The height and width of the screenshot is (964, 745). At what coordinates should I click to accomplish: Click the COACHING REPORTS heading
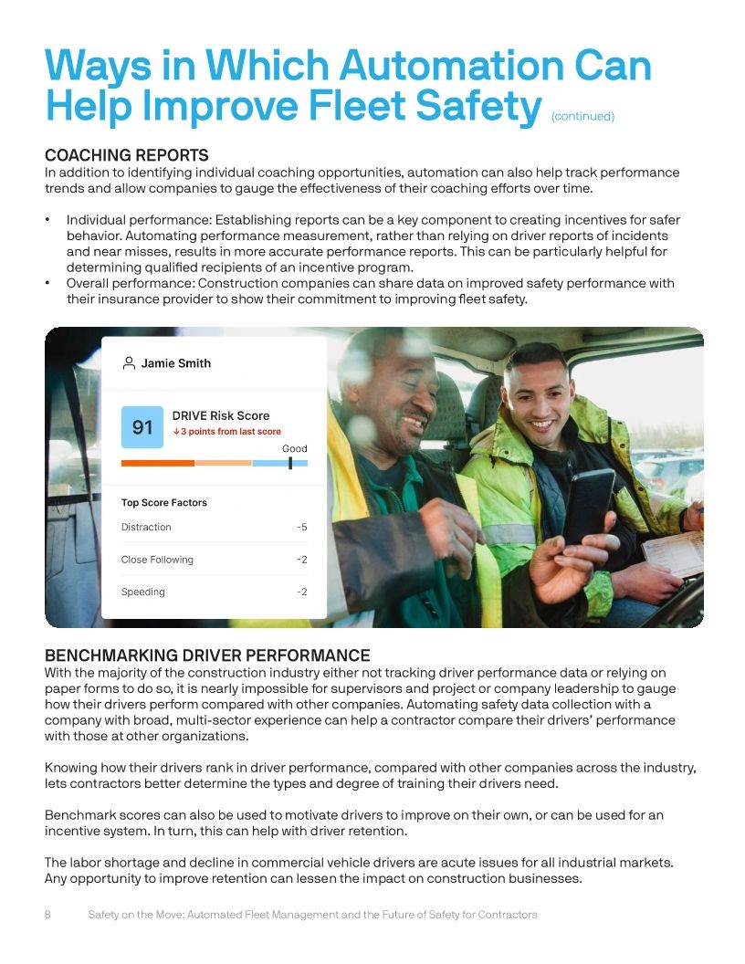tap(127, 155)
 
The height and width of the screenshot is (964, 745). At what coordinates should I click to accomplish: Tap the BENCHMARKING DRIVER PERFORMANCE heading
tap(207, 655)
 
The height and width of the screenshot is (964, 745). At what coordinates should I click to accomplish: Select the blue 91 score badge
tap(142, 427)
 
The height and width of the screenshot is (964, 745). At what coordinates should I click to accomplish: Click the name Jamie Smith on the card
tap(175, 363)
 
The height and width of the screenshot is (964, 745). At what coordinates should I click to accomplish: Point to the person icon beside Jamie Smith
tap(129, 363)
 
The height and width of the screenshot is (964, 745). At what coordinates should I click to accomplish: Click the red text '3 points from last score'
tap(230, 432)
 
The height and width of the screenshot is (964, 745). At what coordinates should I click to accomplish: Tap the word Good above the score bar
tap(294, 448)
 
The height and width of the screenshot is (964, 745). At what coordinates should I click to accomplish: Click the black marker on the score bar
tap(290, 463)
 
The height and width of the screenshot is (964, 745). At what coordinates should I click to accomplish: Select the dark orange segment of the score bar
tap(157, 463)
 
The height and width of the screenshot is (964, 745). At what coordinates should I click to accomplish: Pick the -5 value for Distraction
tap(301, 527)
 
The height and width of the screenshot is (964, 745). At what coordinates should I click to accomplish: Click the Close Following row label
tap(157, 560)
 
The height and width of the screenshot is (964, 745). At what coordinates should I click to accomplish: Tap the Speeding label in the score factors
tap(143, 592)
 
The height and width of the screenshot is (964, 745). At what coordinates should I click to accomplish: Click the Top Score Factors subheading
tap(164, 502)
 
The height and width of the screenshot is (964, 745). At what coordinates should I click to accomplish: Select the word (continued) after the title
tap(582, 117)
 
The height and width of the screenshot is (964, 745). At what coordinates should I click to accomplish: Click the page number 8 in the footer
tap(48, 914)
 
